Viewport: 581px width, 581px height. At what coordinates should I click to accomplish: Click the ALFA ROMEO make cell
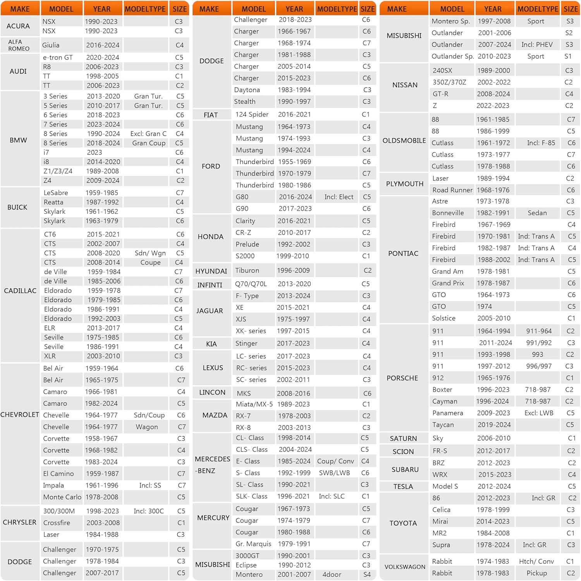[19, 45]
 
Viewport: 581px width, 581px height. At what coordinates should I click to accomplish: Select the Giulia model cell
[51, 45]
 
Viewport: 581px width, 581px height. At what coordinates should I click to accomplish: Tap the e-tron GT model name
[58, 57]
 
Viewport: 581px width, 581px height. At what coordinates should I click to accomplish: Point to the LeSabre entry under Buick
[55, 193]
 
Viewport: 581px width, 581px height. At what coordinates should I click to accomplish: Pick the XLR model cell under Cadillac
[50, 356]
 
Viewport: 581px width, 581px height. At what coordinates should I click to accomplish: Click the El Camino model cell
[58, 473]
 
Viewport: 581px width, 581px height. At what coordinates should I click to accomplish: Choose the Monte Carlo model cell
[62, 497]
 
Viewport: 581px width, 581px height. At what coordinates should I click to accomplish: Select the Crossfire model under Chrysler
[57, 523]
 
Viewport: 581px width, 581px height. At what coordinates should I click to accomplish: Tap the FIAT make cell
[211, 115]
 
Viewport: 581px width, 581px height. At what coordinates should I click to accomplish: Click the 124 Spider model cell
[252, 114]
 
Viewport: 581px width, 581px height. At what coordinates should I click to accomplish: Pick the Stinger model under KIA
[246, 343]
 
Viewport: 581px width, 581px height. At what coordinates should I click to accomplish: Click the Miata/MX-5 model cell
[254, 404]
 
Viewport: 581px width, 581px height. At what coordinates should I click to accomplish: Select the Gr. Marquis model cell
[253, 544]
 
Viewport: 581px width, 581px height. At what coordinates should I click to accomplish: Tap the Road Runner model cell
[452, 190]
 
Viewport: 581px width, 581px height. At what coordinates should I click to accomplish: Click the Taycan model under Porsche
[443, 425]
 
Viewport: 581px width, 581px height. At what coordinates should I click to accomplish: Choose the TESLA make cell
[403, 486]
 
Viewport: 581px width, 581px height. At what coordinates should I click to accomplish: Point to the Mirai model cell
[440, 521]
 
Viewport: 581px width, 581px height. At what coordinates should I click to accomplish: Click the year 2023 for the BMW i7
[95, 152]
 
